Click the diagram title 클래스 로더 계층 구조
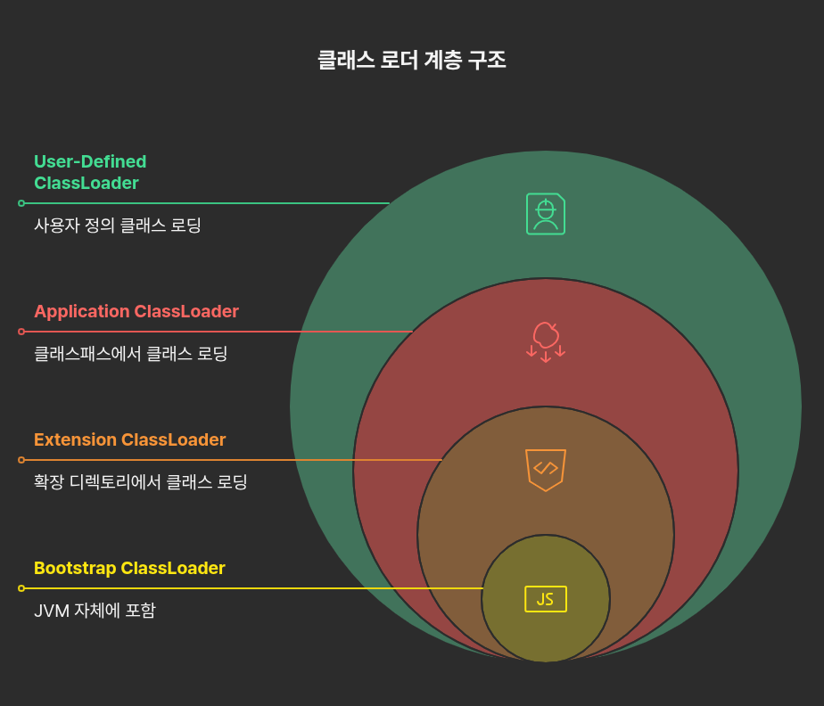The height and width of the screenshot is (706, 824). pos(411,60)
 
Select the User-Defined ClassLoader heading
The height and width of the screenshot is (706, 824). pos(89,172)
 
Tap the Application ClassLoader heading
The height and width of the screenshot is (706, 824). pos(136,311)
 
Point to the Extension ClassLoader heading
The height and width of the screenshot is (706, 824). pos(129,439)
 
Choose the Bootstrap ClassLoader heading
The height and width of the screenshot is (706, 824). pos(129,568)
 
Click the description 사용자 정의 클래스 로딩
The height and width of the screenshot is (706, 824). pos(118,226)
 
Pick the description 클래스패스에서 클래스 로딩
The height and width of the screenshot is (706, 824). pos(131,354)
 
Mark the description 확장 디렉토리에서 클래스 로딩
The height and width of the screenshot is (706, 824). pos(140,482)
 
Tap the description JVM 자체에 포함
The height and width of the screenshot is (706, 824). pos(95,611)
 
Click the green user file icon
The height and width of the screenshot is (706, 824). pos(546,214)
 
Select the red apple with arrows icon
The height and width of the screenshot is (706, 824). pos(546,341)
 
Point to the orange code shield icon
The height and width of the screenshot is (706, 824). pos(546,469)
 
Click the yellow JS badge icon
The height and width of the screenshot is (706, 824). pos(546,599)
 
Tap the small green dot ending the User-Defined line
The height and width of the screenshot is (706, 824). pos(21,203)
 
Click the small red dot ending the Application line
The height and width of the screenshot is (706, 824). pos(21,332)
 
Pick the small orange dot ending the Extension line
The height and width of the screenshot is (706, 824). pos(21,460)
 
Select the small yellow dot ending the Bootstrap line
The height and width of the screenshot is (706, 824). pos(21,588)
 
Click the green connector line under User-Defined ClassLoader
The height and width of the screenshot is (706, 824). pos(205,203)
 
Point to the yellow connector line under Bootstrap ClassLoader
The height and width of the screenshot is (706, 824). pos(250,588)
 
